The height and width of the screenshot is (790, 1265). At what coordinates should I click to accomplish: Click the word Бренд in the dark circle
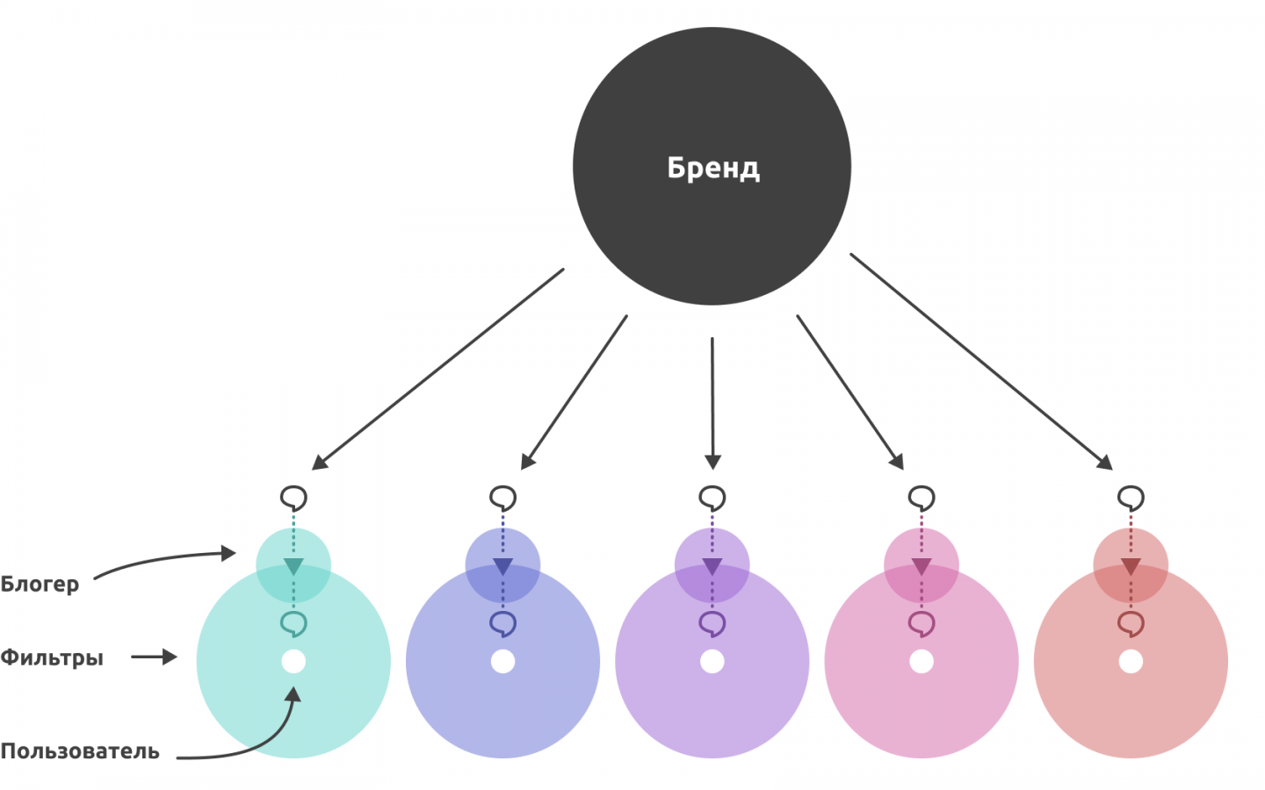712,167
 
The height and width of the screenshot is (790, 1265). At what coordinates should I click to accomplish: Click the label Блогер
40,584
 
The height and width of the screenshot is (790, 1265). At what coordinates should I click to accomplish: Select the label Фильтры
52,657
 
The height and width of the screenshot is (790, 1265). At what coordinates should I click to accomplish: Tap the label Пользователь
80,751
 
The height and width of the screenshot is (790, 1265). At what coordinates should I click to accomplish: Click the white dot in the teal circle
293,661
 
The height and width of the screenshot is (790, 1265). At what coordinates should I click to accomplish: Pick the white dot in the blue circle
502,661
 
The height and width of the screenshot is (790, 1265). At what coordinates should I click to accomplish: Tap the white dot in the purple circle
712,661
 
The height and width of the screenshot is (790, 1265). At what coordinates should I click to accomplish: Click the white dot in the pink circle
922,661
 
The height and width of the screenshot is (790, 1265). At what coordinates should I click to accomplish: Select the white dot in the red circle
1131,661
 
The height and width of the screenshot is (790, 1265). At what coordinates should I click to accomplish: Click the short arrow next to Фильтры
155,657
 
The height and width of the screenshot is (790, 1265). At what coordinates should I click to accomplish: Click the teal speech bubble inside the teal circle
293,623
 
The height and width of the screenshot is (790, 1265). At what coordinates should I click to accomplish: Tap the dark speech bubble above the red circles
1131,499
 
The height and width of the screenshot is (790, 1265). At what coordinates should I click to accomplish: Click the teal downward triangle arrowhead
293,566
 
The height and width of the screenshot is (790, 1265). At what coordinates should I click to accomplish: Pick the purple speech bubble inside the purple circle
712,623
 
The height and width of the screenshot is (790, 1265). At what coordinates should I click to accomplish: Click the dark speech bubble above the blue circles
502,499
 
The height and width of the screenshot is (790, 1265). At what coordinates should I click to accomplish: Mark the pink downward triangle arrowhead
922,566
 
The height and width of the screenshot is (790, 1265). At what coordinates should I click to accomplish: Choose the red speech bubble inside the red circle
1131,623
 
